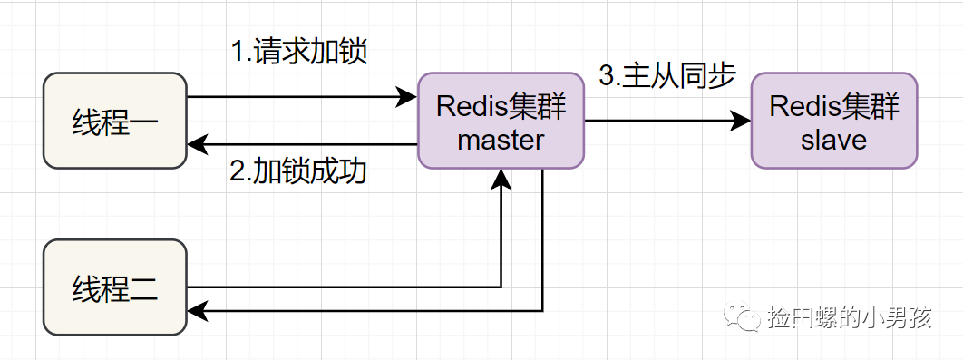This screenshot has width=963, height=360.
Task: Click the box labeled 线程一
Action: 115,121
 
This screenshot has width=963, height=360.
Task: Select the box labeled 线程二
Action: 115,287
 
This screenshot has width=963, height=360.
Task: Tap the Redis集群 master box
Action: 501,121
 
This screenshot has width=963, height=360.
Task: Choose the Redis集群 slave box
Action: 834,121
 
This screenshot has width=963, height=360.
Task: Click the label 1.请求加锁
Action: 300,52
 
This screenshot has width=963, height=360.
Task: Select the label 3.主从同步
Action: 667,76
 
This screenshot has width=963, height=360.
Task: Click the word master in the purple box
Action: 501,140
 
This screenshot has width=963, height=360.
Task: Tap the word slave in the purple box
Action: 834,140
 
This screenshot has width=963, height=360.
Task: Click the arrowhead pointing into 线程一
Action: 197,145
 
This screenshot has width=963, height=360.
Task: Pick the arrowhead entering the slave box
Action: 740,121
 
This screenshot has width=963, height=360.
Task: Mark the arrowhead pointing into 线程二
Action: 197,311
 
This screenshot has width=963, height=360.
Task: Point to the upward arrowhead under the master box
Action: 501,180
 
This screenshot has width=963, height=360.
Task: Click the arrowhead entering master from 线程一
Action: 407,96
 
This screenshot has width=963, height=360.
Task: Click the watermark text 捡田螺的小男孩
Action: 850,317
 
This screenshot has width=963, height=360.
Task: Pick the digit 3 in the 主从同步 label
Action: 606,77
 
